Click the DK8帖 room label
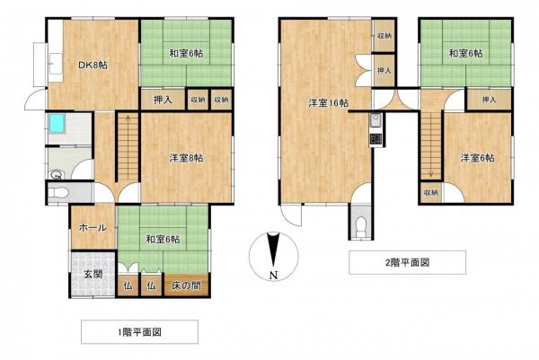click(x=91, y=65)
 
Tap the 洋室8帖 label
click(x=186, y=158)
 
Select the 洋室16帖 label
click(x=324, y=103)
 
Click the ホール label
click(x=93, y=227)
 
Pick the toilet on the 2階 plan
click(x=361, y=224)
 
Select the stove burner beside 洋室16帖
click(x=376, y=139)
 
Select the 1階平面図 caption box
click(x=139, y=331)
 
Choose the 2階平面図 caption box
click(x=406, y=262)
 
